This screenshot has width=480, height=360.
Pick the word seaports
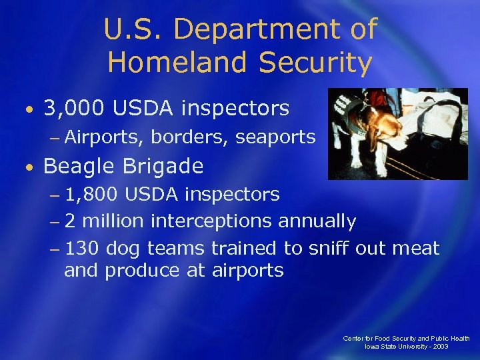[275, 138]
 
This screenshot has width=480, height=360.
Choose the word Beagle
[77, 165]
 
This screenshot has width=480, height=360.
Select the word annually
[318, 221]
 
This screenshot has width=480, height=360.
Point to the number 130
[82, 249]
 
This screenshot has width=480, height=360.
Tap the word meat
[415, 249]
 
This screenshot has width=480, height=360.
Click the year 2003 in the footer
[439, 347]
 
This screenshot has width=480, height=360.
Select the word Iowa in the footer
[371, 347]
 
